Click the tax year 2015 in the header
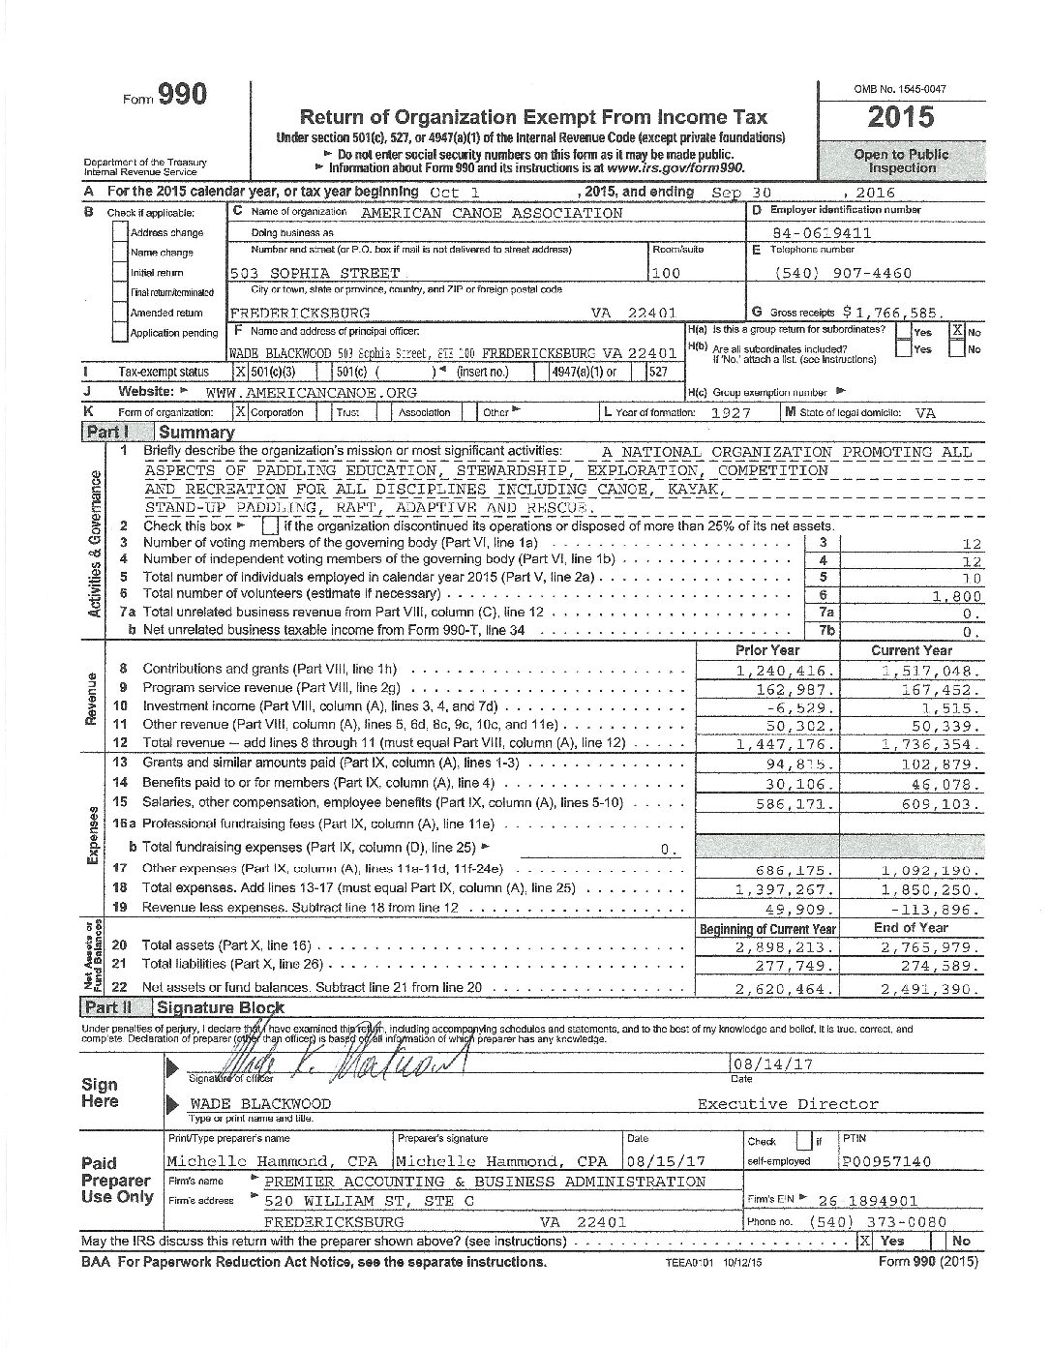pyautogui.click(x=900, y=117)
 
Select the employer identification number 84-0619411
pyautogui.click(x=823, y=233)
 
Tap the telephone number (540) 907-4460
pyautogui.click(x=843, y=273)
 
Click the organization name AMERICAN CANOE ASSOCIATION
pyautogui.click(x=492, y=213)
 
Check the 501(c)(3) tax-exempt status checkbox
pyautogui.click(x=241, y=372)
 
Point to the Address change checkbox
pyautogui.click(x=120, y=232)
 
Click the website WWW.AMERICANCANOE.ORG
pyautogui.click(x=311, y=392)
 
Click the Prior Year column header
pyautogui.click(x=767, y=650)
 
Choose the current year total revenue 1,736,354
pyautogui.click(x=931, y=744)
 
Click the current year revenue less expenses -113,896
pyautogui.click(x=931, y=910)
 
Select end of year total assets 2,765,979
pyautogui.click(x=931, y=947)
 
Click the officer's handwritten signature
pyautogui.click(x=387, y=1053)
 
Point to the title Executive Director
pyautogui.click(x=788, y=1103)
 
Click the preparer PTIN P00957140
pyautogui.click(x=886, y=1161)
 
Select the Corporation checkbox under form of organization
pyautogui.click(x=241, y=412)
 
